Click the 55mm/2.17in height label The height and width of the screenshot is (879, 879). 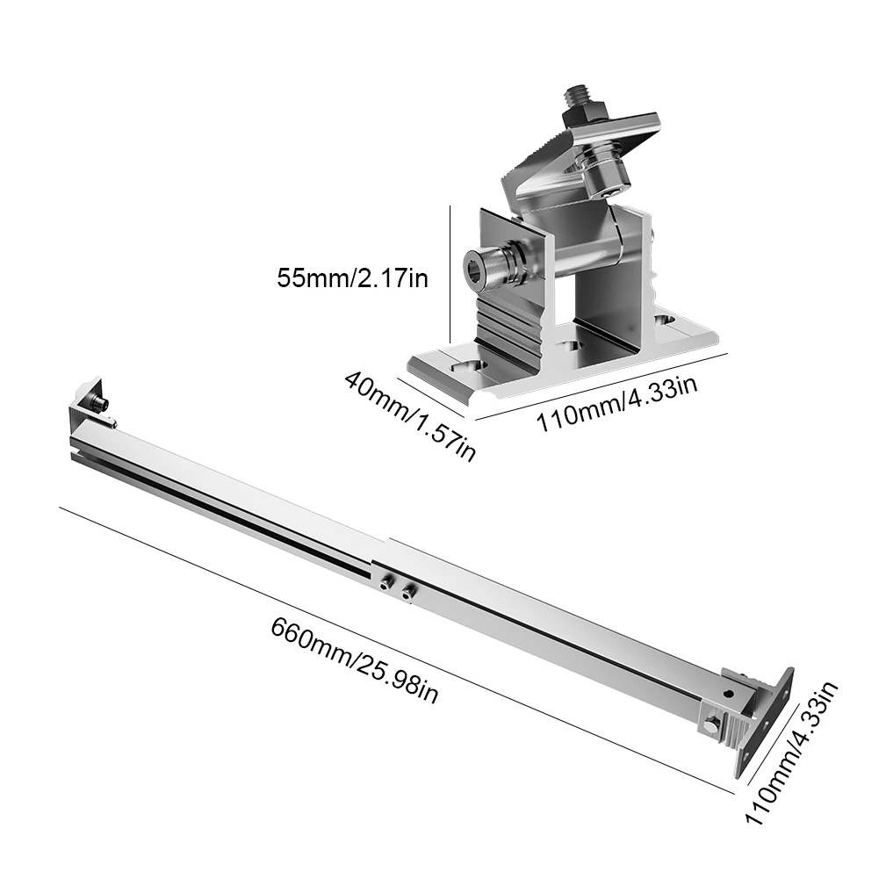pos(353,278)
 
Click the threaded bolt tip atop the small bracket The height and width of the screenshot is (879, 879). pos(578,92)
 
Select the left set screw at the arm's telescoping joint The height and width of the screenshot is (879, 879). pos(385,580)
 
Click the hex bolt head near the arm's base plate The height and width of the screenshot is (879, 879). pos(710,724)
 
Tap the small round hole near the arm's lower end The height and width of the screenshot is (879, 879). pos(728,694)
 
